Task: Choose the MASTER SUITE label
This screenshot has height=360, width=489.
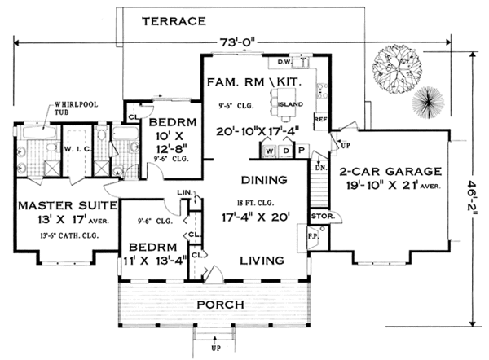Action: point(55,204)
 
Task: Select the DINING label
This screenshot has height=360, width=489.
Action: point(262,180)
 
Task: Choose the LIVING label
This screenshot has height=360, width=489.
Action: point(261,261)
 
